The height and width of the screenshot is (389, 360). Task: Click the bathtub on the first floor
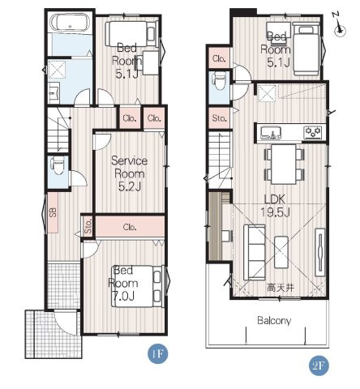(x=71, y=24)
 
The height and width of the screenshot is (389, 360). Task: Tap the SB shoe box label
(x=53, y=212)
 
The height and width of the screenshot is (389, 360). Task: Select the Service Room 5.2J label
(x=130, y=173)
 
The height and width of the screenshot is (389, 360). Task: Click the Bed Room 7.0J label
(x=123, y=284)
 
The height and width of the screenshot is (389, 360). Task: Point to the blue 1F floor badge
(x=157, y=353)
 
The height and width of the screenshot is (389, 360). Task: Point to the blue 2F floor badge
(x=319, y=365)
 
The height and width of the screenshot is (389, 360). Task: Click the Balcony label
(x=274, y=321)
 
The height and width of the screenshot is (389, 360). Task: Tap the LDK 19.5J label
(x=275, y=206)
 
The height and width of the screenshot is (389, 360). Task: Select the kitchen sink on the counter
(x=271, y=133)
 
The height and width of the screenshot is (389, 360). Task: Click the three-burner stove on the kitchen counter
(x=313, y=133)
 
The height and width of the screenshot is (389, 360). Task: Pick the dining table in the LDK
(x=284, y=165)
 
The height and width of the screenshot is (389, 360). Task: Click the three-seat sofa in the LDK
(x=255, y=252)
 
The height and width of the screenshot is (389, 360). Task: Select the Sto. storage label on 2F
(x=219, y=118)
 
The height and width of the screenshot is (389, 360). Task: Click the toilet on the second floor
(x=219, y=81)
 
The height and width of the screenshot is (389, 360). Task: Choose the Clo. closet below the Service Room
(x=130, y=227)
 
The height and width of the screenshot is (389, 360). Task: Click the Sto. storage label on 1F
(x=88, y=226)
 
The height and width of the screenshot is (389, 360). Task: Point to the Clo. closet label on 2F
(x=219, y=58)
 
